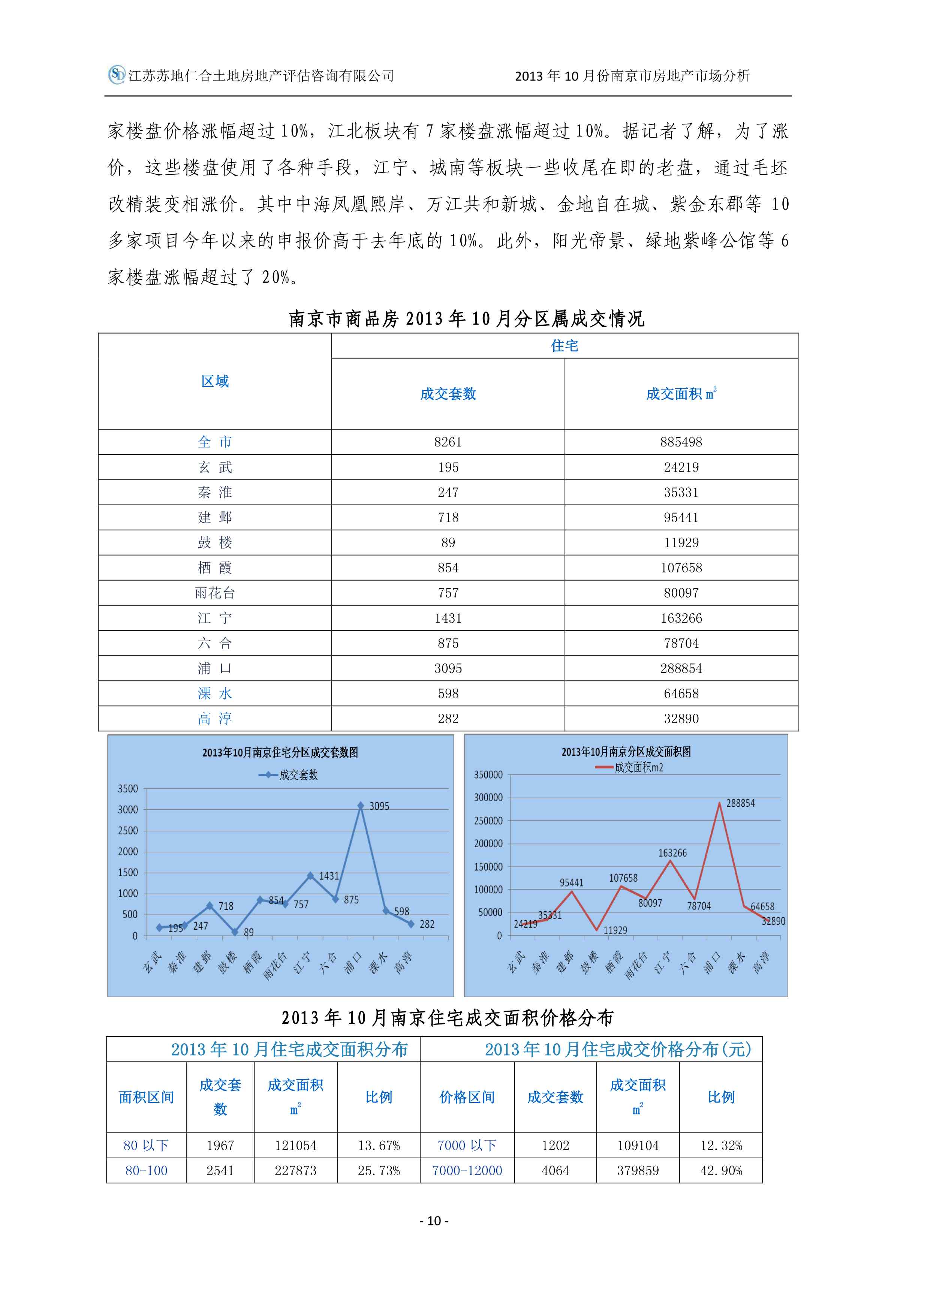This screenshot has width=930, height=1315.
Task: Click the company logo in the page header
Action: [117, 75]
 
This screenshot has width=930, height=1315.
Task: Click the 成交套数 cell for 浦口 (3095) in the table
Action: [448, 668]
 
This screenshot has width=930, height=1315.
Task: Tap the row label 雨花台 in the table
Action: [215, 593]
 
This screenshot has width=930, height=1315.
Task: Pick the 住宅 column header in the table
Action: [564, 346]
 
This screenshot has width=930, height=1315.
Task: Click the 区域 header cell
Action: [215, 382]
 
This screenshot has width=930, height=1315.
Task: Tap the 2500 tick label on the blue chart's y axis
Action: [128, 830]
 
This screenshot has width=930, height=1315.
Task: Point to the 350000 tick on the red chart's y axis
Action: [488, 775]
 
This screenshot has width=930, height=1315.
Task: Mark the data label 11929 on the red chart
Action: [615, 931]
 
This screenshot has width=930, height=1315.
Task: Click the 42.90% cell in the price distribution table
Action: [721, 1171]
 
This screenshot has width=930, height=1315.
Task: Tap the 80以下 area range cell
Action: [146, 1146]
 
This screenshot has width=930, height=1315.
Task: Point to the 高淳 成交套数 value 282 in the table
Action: [448, 719]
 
